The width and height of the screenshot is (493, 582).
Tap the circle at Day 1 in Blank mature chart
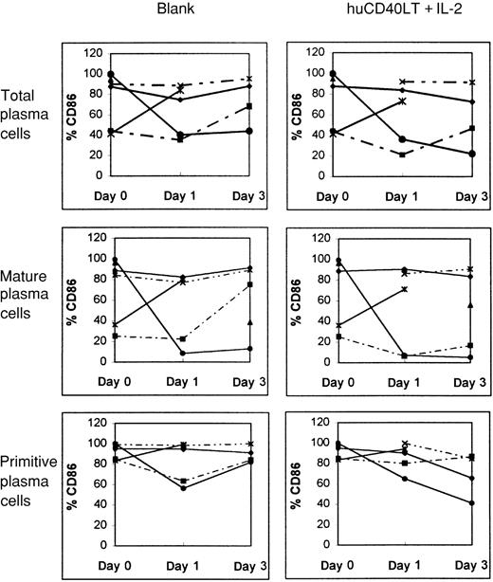pos(181,354)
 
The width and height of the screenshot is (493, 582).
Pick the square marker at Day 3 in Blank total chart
pos(249,106)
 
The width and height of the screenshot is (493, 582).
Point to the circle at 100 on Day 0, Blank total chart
pos(112,74)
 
